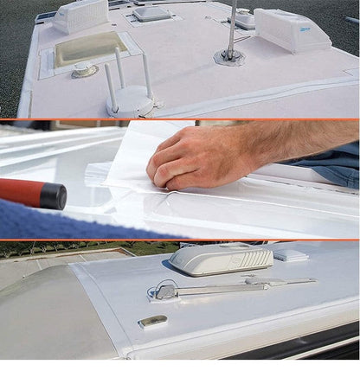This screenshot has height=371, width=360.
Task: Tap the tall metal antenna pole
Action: coord(232,26)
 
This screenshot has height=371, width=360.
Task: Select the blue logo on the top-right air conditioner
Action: coord(319,28)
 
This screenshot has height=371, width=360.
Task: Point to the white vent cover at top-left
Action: coord(80,15)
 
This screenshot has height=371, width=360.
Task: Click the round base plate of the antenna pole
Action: coord(230,56)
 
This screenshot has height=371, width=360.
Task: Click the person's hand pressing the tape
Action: coord(192,157)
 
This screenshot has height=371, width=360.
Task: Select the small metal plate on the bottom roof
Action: coord(151,322)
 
